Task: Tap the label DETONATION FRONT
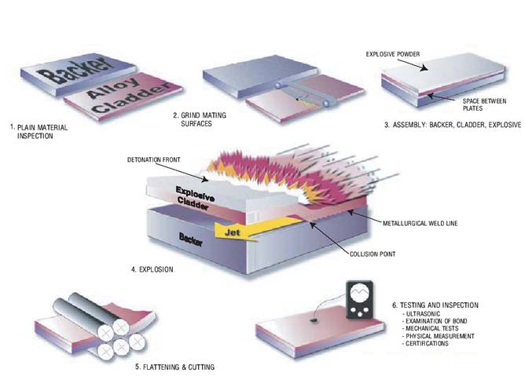154,160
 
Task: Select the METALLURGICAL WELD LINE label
420,223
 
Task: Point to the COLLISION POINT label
373,254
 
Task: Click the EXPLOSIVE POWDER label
393,54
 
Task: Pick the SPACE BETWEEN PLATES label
484,104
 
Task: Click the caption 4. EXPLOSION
152,269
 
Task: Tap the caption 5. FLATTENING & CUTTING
174,367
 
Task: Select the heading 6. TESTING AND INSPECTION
435,305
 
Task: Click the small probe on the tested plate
314,320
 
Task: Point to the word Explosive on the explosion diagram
195,194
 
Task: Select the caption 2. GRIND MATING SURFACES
200,119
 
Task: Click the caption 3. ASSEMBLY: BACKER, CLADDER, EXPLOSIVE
453,125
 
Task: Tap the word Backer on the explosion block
191,239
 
